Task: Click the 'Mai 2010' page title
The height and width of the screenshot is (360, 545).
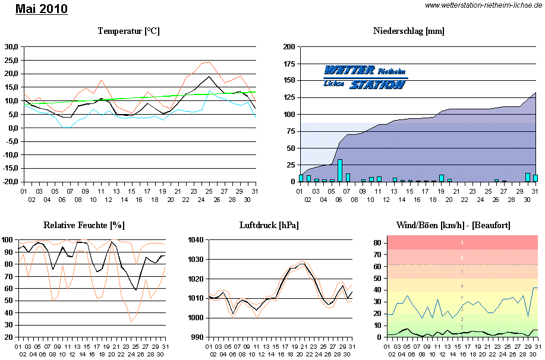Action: click(x=41, y=9)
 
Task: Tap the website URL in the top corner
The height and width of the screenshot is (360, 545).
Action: click(x=484, y=5)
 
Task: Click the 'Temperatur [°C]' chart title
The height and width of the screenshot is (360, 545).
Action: click(x=129, y=31)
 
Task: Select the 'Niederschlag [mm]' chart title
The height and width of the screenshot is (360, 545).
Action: click(x=409, y=31)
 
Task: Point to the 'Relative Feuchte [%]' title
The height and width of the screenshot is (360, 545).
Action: click(x=84, y=225)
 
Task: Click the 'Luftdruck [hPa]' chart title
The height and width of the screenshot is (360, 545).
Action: click(x=269, y=225)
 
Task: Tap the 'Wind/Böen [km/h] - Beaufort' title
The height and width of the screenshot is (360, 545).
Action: click(x=453, y=225)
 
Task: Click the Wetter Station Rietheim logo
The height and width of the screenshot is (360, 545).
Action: click(x=366, y=77)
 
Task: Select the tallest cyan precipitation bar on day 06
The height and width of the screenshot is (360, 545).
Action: click(x=340, y=170)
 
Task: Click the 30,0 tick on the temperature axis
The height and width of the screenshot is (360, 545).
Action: click(x=10, y=46)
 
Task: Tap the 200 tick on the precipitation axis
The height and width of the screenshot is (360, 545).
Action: click(x=289, y=46)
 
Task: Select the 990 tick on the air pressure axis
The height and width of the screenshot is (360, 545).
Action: click(x=197, y=337)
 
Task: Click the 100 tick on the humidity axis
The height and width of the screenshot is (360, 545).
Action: click(x=8, y=240)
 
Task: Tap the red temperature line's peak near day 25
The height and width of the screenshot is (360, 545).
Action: click(x=209, y=61)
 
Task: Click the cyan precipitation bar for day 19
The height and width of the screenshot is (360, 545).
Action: click(x=442, y=178)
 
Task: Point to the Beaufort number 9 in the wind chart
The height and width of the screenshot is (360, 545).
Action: click(x=462, y=243)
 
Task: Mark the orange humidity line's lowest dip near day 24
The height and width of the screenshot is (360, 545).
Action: click(x=131, y=321)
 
